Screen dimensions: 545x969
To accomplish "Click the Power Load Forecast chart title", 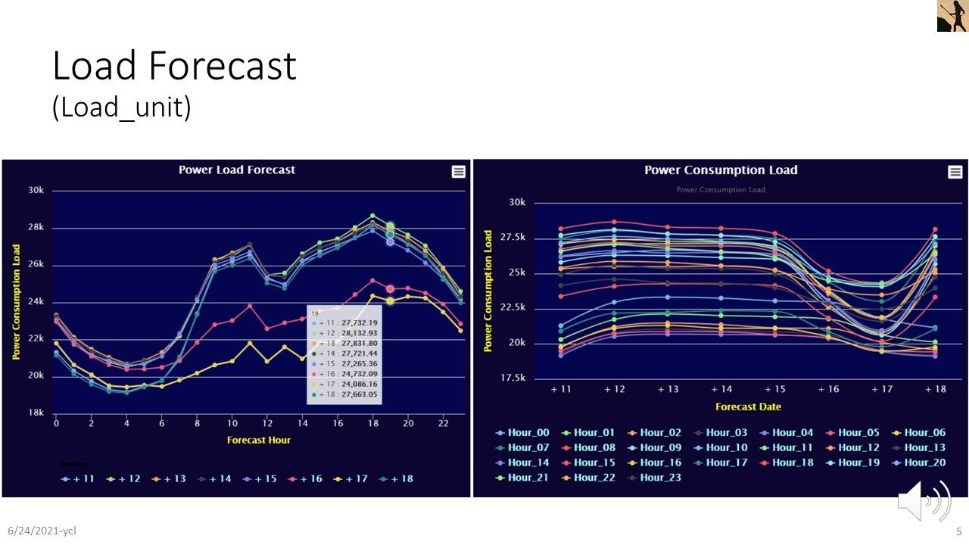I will point(236,170).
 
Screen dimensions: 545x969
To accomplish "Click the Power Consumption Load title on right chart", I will point(720,170).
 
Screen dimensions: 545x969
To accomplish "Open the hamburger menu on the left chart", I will point(458,172).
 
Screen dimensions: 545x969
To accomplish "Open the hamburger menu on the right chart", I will point(955,172).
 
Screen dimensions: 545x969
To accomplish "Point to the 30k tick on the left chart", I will point(36,190).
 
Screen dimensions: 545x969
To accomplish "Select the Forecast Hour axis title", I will point(258,440).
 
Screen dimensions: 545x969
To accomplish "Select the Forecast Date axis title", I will point(748,406).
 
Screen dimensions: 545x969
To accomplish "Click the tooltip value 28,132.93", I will point(360,332).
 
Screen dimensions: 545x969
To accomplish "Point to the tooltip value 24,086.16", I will point(360,384).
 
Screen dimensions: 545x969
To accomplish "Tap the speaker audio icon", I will point(924,500).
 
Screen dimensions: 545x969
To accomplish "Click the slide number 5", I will point(958,531).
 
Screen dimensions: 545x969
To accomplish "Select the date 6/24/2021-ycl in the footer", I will point(42,531).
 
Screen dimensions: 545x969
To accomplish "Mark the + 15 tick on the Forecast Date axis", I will point(774,388).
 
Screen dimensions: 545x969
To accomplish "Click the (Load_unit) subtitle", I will point(121,107).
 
